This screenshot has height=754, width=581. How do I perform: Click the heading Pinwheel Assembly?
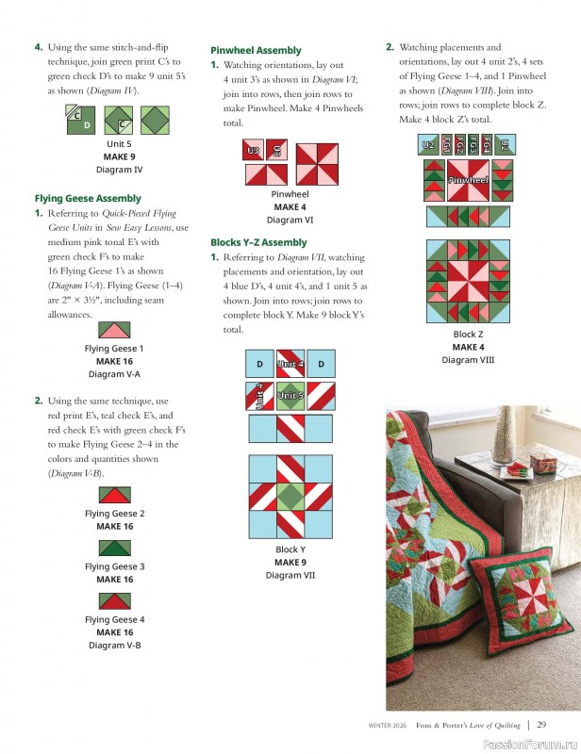tap(256, 50)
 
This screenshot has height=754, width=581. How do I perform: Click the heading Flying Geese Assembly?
tap(88, 199)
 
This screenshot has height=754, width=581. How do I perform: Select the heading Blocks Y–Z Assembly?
tap(257, 242)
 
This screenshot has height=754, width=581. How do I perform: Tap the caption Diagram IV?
tap(119, 170)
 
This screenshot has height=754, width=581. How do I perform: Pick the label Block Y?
tap(290, 549)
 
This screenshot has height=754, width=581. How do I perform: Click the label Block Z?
tap(468, 335)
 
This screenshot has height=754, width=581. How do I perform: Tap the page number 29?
tap(541, 725)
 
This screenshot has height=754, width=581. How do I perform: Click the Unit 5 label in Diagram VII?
tap(290, 395)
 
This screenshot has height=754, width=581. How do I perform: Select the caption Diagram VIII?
tap(468, 360)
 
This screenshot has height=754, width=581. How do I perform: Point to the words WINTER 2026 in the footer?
tap(387, 725)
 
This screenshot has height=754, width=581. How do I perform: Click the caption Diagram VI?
tap(290, 220)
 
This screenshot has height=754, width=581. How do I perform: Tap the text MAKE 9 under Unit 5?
tap(119, 156)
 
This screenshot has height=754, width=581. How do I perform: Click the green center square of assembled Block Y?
tap(290, 497)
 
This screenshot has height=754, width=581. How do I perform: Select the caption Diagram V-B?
tap(114, 646)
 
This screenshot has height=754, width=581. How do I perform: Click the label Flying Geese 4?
tap(114, 619)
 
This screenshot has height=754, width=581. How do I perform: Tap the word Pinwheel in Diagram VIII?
tap(468, 179)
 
